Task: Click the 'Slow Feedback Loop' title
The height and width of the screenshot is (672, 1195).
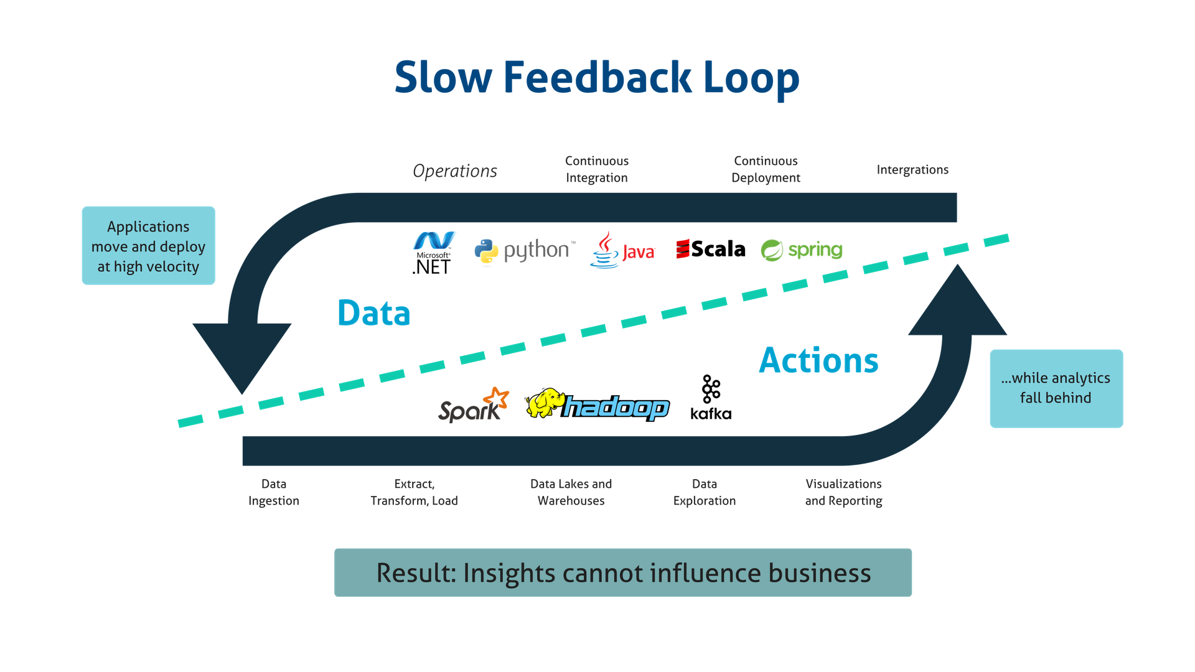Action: coord(596,78)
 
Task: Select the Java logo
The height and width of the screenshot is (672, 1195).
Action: coord(622,251)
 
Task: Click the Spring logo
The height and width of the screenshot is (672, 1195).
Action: coord(801,250)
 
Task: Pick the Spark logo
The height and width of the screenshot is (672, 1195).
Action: coord(473,406)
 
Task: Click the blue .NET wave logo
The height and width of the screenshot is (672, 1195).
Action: coord(434,241)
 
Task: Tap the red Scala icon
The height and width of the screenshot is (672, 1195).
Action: coord(683,249)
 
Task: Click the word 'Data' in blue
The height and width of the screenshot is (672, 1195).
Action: coord(373,313)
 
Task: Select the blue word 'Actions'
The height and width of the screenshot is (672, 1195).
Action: coord(818,361)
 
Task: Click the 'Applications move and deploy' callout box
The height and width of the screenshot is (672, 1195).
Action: coord(148,246)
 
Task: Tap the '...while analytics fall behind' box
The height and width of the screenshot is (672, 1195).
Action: coord(1056,388)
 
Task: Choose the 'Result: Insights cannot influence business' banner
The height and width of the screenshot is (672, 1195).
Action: coord(623,572)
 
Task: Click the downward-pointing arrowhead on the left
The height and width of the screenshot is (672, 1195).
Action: coord(241,355)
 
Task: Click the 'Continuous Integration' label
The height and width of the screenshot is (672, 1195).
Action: coord(597,169)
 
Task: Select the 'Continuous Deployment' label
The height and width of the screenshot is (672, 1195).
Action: coord(766,169)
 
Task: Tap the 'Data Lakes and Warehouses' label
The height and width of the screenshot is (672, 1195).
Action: coord(571,492)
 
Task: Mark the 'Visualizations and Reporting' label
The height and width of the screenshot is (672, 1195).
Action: coord(843,492)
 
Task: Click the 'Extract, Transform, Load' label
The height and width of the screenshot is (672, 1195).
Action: coord(414,492)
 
